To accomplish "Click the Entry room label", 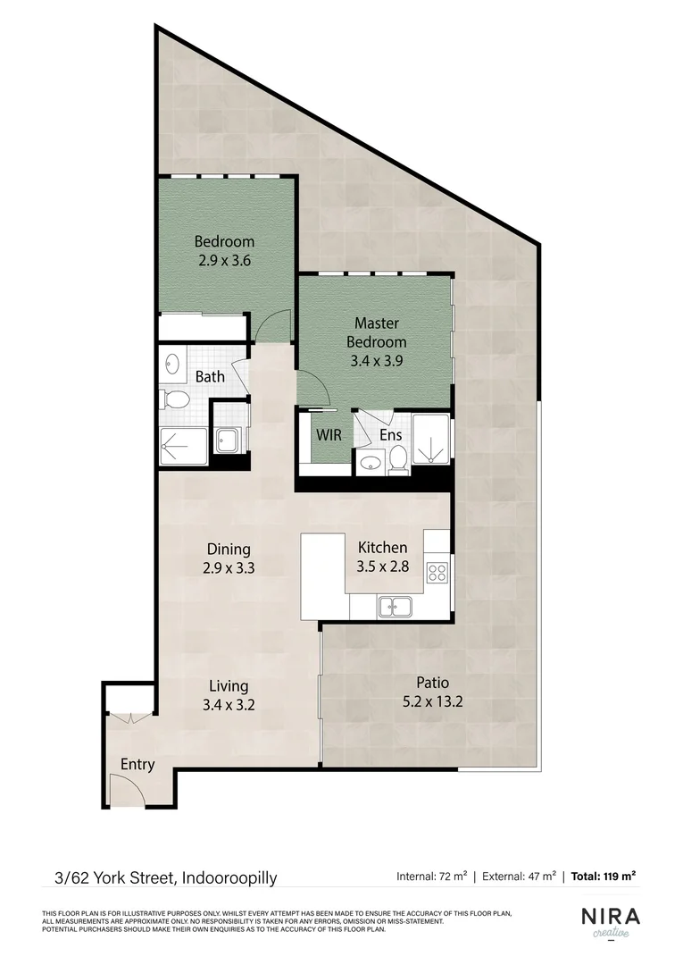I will [137, 765].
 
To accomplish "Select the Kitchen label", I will [382, 548].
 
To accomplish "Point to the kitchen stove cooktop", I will [437, 572].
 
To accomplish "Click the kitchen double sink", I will [394, 607].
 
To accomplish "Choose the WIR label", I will [324, 435].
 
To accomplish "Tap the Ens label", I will [390, 435].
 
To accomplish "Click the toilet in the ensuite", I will [398, 459].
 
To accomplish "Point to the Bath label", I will [210, 377].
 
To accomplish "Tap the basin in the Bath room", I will [171, 364].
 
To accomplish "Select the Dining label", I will [229, 550].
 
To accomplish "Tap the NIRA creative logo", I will [611, 921].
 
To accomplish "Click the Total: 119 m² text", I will [604, 877].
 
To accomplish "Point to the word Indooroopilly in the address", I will [229, 877].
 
